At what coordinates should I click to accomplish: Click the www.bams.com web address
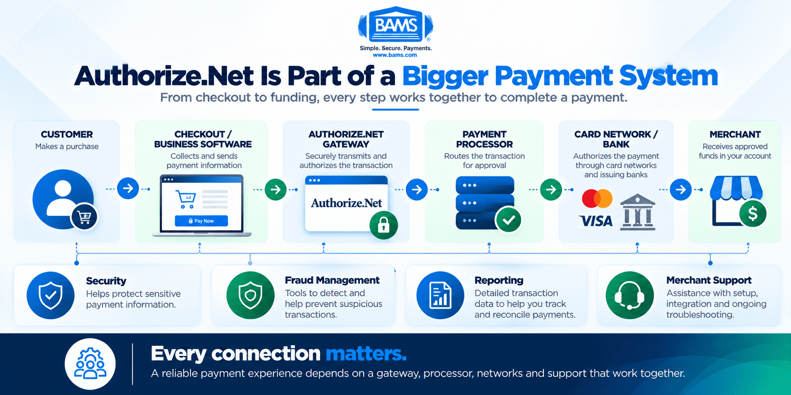point(395,55)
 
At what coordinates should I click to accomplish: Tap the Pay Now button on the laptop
point(201,221)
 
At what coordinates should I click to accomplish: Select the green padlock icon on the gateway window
point(383,225)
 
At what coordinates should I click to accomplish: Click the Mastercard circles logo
point(597,198)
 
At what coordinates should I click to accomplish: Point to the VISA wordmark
point(596,221)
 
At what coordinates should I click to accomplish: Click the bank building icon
point(638,212)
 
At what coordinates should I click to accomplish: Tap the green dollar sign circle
point(753,214)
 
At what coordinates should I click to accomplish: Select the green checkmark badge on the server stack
point(508,220)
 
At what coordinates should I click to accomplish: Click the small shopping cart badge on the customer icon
point(84,217)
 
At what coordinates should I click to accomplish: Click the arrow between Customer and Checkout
point(128,188)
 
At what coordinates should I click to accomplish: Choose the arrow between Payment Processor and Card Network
point(551,189)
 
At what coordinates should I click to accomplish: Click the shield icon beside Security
point(50,295)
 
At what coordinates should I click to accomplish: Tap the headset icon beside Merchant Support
point(630,295)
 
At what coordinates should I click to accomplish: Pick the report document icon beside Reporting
point(440,295)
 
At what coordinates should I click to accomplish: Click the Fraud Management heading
point(332,280)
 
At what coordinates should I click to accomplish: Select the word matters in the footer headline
point(366,354)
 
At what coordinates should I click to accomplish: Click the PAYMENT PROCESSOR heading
point(484,139)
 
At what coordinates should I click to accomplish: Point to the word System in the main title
point(668,76)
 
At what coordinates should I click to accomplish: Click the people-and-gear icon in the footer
point(90,364)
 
